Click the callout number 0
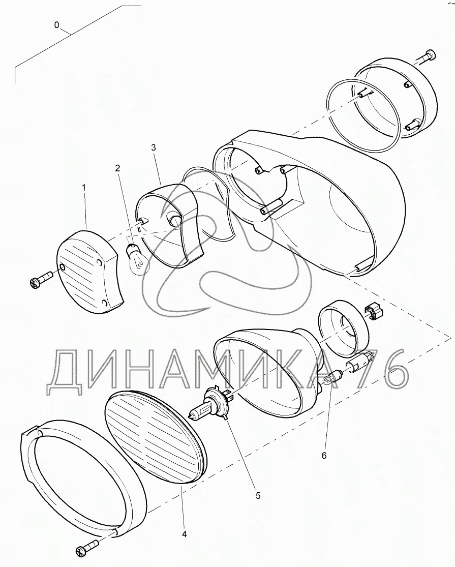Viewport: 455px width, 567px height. tap(56, 25)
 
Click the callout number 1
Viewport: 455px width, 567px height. tap(84, 188)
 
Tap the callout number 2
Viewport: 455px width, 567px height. tap(117, 168)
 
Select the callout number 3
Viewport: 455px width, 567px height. tap(154, 147)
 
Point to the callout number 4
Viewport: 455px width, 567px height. tap(185, 534)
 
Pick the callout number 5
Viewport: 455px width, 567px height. tap(258, 496)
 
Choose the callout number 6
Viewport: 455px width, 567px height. tap(324, 455)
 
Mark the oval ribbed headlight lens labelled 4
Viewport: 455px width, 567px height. tap(155, 435)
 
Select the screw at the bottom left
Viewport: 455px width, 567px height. tap(87, 546)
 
